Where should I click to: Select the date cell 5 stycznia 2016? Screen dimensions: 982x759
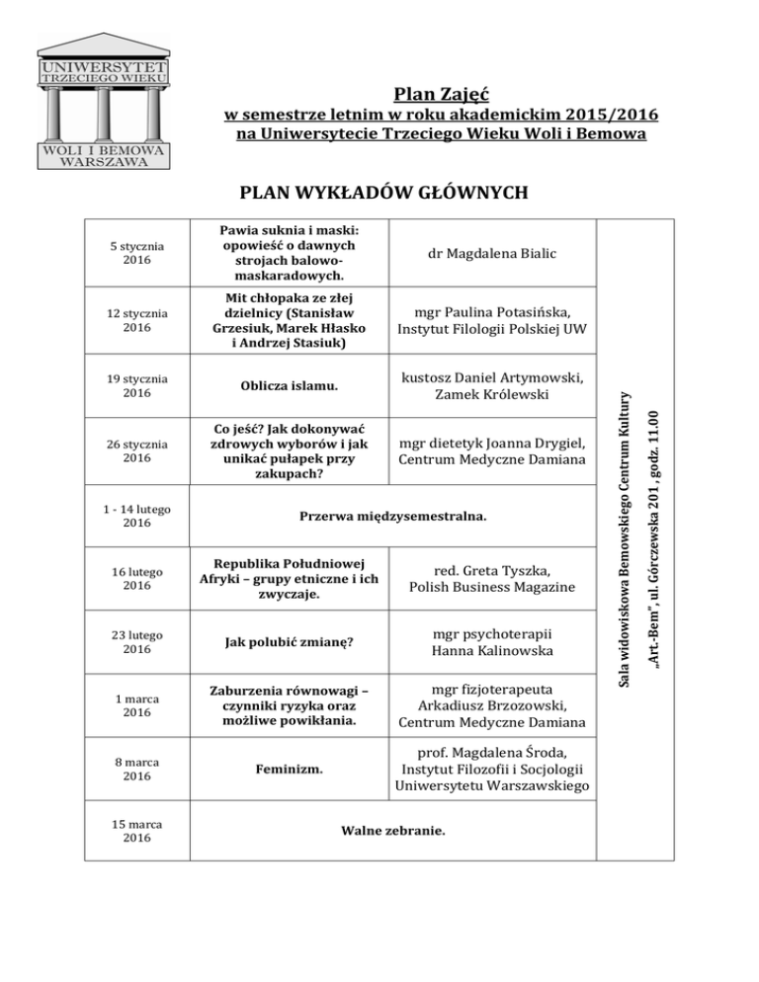pos(137,254)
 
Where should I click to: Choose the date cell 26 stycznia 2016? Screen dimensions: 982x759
pos(137,451)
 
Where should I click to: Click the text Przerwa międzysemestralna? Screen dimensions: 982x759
pos(393,517)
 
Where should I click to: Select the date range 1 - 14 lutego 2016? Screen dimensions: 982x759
pos(137,517)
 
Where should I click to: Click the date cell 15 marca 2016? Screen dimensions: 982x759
pos(137,831)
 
